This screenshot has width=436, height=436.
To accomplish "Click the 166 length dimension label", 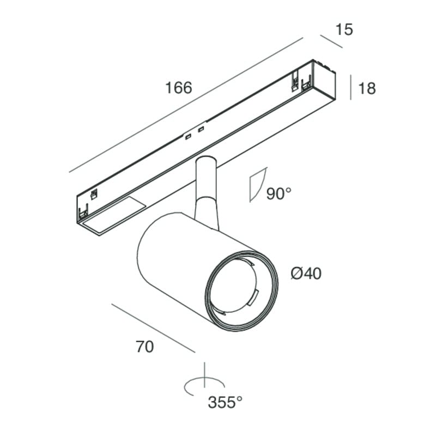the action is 179,88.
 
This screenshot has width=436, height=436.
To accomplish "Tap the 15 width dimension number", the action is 344,29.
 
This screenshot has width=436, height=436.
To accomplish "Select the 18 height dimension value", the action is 367,88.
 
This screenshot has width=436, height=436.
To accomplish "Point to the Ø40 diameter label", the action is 306,273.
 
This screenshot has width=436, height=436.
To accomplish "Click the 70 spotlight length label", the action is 144,347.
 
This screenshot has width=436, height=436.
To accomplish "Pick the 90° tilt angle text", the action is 279,193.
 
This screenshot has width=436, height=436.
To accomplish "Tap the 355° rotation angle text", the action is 225,402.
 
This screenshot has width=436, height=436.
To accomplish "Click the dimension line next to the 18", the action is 350,87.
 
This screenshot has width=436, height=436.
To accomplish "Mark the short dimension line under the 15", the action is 331,41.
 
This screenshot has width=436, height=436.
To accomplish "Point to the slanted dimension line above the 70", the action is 153,328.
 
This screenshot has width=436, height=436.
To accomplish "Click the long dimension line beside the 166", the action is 186,105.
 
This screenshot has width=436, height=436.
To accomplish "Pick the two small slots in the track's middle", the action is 195,133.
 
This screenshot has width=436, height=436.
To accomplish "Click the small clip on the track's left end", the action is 94,194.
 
